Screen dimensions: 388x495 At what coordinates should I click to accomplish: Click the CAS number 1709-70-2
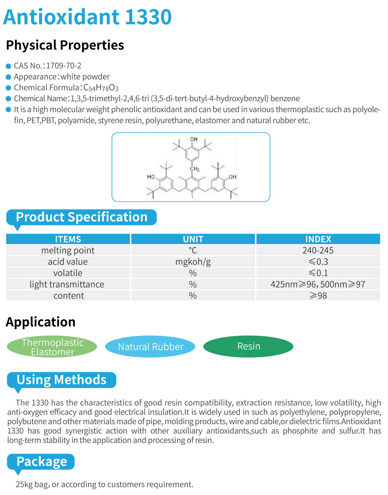pyautogui.click(x=63, y=66)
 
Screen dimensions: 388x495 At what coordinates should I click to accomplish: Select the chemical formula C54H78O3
pyautogui.click(x=101, y=88)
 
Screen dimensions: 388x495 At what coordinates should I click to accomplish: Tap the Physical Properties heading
pyautogui.click(x=65, y=45)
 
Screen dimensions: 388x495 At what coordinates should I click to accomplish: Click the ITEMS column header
pyautogui.click(x=68, y=239)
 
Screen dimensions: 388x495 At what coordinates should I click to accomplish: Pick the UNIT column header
pyautogui.click(x=193, y=239)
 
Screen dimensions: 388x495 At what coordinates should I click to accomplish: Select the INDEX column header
pyautogui.click(x=318, y=239)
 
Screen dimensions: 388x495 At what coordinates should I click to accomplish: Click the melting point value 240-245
pyautogui.click(x=318, y=250)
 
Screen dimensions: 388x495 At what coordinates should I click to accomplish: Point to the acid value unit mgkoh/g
pyautogui.click(x=193, y=262)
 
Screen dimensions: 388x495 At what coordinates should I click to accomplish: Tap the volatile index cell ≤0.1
pyautogui.click(x=318, y=273)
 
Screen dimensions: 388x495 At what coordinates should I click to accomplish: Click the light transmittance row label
pyautogui.click(x=67, y=284)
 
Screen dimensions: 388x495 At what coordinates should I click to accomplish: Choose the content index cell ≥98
pyautogui.click(x=318, y=296)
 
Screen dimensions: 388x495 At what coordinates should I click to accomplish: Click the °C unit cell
pyautogui.click(x=193, y=250)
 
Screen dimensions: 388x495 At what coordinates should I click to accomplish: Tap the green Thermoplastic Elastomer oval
pyautogui.click(x=52, y=347)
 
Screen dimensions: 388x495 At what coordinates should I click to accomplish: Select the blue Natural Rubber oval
pyautogui.click(x=150, y=347)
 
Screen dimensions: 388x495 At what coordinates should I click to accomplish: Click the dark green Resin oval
pyautogui.click(x=248, y=347)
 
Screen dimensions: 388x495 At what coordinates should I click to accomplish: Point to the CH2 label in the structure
pyautogui.click(x=195, y=169)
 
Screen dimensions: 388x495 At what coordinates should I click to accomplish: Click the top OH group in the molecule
pyautogui.click(x=194, y=139)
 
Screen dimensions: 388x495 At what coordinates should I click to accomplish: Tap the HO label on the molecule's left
pyautogui.click(x=151, y=177)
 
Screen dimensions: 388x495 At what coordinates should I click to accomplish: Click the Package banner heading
pyautogui.click(x=42, y=462)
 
